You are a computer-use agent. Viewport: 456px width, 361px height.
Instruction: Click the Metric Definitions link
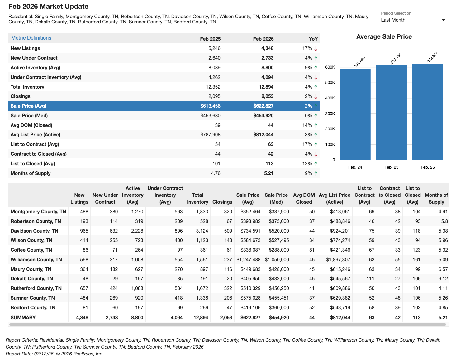coord(31,38)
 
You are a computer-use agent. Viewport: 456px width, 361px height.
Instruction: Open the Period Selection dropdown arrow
coord(444,20)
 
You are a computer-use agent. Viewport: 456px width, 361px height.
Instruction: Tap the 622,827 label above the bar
coord(432,57)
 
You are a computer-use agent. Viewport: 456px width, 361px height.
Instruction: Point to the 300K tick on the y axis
coord(330,114)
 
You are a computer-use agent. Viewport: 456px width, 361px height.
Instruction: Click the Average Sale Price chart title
coord(384,37)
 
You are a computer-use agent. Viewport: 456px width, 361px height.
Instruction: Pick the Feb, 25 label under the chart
coord(391,167)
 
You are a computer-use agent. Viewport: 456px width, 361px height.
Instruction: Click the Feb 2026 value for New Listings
coord(267,48)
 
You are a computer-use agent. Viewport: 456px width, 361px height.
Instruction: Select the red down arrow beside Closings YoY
coord(316,97)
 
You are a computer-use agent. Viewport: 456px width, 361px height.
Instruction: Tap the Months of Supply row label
coord(31,173)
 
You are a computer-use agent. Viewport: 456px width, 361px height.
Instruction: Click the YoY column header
coord(313,39)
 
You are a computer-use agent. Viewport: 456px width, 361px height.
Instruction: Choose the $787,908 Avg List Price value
coord(210,135)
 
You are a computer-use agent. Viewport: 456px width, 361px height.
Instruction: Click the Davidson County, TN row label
coord(34,231)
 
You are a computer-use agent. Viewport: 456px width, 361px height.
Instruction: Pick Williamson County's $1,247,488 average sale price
coord(248,260)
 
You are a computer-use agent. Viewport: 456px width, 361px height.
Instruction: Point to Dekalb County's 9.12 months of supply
coord(443,279)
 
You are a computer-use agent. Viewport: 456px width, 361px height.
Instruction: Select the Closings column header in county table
coord(222,202)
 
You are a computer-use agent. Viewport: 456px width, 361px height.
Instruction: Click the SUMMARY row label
coord(23,318)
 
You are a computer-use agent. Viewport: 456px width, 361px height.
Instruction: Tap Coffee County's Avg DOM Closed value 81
coord(312,250)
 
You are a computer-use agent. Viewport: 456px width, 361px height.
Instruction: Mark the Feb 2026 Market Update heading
coord(48,7)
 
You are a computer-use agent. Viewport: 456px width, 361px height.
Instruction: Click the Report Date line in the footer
coord(55,354)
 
